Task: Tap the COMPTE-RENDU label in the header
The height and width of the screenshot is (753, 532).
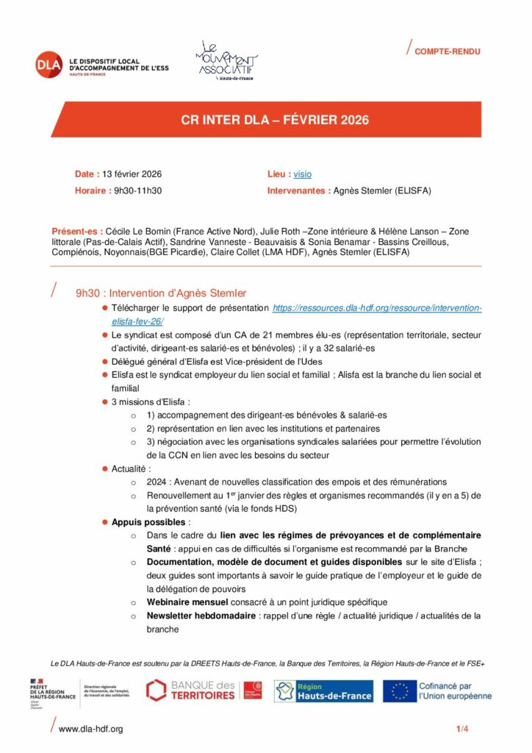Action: (447, 51)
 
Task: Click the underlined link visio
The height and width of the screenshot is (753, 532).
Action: (302, 174)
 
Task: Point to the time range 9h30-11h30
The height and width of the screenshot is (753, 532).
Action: (137, 190)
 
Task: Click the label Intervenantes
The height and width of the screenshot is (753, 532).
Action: (298, 190)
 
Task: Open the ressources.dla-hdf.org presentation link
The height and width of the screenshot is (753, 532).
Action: (376, 308)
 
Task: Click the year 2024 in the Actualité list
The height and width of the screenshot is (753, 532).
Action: (156, 481)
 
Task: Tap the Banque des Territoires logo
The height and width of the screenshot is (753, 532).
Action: (204, 690)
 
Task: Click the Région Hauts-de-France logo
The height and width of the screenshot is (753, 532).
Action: (323, 690)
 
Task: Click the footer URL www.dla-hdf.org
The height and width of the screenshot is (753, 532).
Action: (90, 729)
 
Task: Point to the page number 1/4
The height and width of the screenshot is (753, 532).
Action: (462, 729)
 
